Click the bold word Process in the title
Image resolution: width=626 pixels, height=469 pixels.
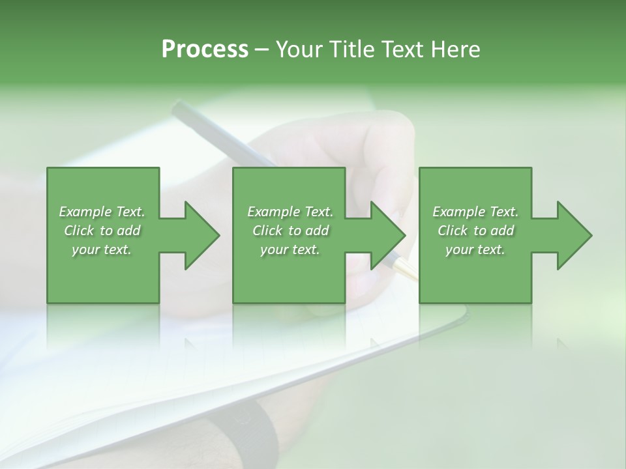(x=205, y=50)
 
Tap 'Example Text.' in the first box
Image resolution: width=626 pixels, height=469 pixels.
(x=102, y=212)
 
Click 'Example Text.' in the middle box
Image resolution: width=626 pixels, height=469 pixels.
(x=290, y=212)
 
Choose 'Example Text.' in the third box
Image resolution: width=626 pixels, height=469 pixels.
(x=475, y=212)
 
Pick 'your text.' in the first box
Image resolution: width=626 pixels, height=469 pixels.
(x=102, y=249)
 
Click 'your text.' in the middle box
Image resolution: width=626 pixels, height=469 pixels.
(x=290, y=249)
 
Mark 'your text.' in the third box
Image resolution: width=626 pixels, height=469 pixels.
(x=475, y=249)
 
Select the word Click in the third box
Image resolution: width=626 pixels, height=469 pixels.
(x=453, y=231)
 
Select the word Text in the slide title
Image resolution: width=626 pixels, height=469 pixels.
(x=404, y=50)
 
